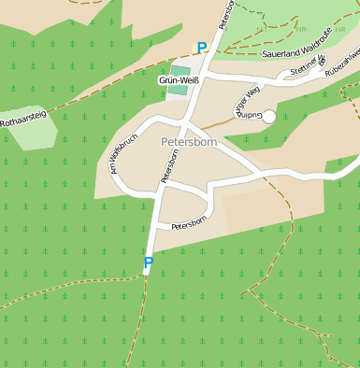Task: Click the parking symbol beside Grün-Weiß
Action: pyautogui.click(x=202, y=49)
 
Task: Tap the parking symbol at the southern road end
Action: pyautogui.click(x=148, y=264)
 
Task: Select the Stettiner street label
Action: pyautogui.click(x=305, y=69)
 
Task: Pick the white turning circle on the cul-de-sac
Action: pyautogui.click(x=269, y=116)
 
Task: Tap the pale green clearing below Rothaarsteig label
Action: pyautogui.click(x=34, y=135)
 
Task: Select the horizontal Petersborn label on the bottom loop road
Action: pyautogui.click(x=188, y=224)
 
